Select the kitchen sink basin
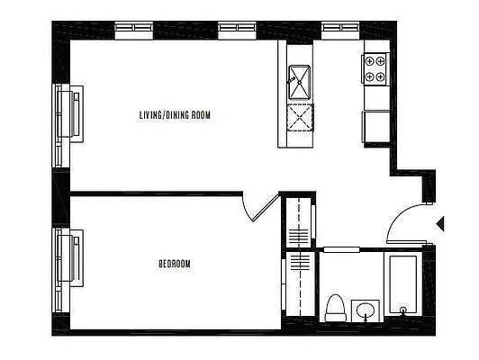299,83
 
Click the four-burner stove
375,69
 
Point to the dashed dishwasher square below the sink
299,117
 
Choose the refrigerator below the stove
375,125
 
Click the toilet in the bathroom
335,307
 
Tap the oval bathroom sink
365,311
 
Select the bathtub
402,285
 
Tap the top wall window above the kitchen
340,28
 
